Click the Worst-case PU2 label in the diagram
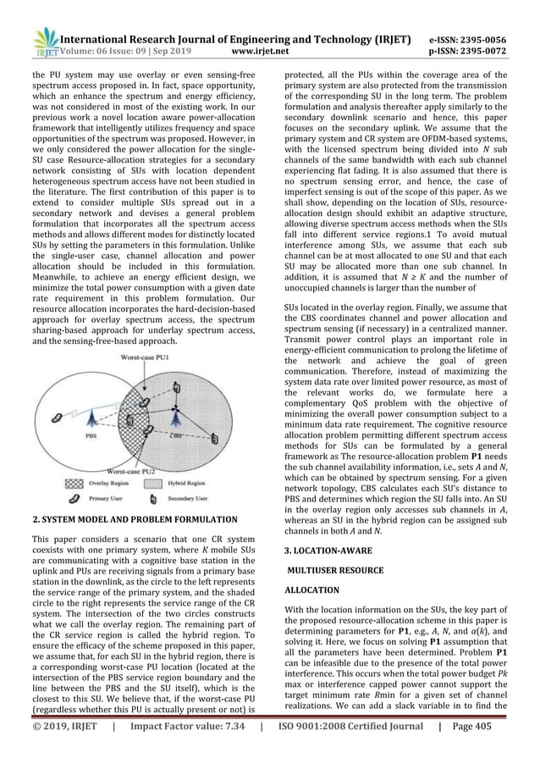tap(136, 471)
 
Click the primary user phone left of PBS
tap(57, 417)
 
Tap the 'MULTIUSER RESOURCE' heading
tap(336, 569)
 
